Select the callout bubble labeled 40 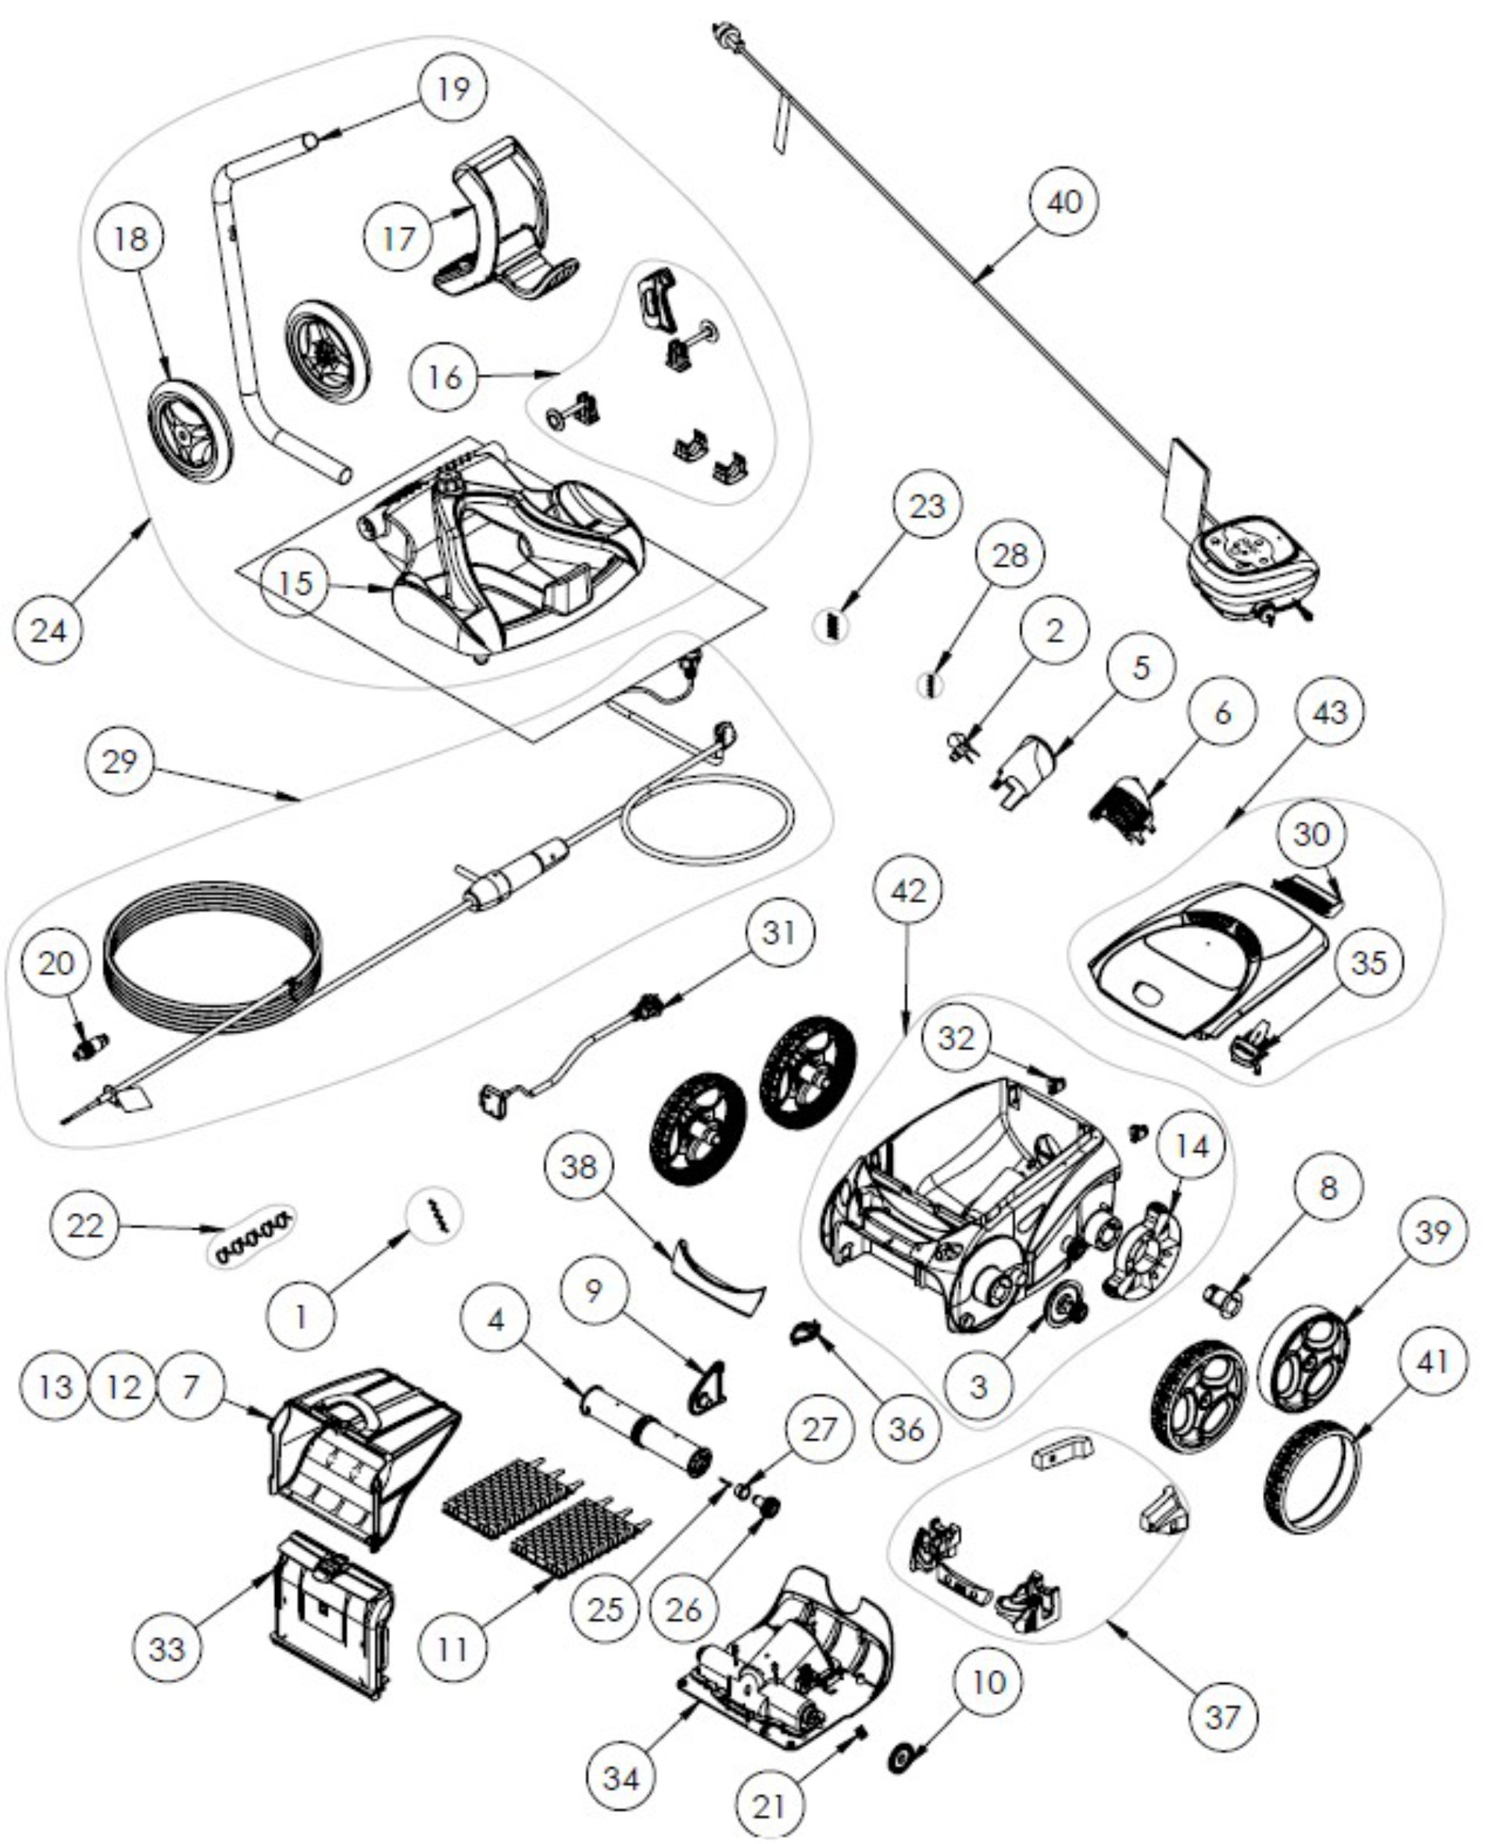[x=1063, y=202]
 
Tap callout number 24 [x=48, y=631]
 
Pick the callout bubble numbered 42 [x=909, y=890]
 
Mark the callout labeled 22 [x=85, y=1225]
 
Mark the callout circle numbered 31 [x=779, y=931]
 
